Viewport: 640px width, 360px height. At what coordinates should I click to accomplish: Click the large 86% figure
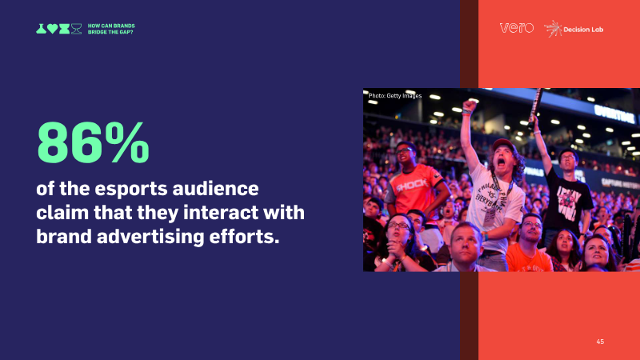(93, 142)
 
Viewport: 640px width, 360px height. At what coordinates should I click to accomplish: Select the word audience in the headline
(215, 189)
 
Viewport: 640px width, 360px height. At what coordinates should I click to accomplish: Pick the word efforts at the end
(244, 236)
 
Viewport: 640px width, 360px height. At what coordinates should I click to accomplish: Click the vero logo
(516, 28)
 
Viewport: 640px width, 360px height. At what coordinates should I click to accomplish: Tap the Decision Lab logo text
(583, 30)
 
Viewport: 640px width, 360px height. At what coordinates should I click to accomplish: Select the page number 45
(600, 342)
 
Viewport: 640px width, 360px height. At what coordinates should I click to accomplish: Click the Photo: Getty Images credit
(394, 96)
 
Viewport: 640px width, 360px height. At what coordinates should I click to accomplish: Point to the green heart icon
(52, 29)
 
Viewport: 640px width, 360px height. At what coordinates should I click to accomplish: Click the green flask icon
(41, 29)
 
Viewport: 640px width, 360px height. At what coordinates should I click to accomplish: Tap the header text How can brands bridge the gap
(111, 29)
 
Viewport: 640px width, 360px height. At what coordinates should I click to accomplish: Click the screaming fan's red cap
(503, 144)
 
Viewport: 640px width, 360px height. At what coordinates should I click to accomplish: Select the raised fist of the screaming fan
(470, 106)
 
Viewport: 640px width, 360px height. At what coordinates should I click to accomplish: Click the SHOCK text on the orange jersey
(412, 186)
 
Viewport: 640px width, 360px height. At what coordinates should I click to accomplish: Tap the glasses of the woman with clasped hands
(398, 225)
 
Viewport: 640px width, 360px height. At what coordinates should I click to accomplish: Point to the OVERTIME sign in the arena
(614, 114)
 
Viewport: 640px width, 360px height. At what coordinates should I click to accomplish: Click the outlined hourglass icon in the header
(76, 29)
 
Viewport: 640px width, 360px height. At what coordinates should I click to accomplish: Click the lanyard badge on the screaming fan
(489, 215)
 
